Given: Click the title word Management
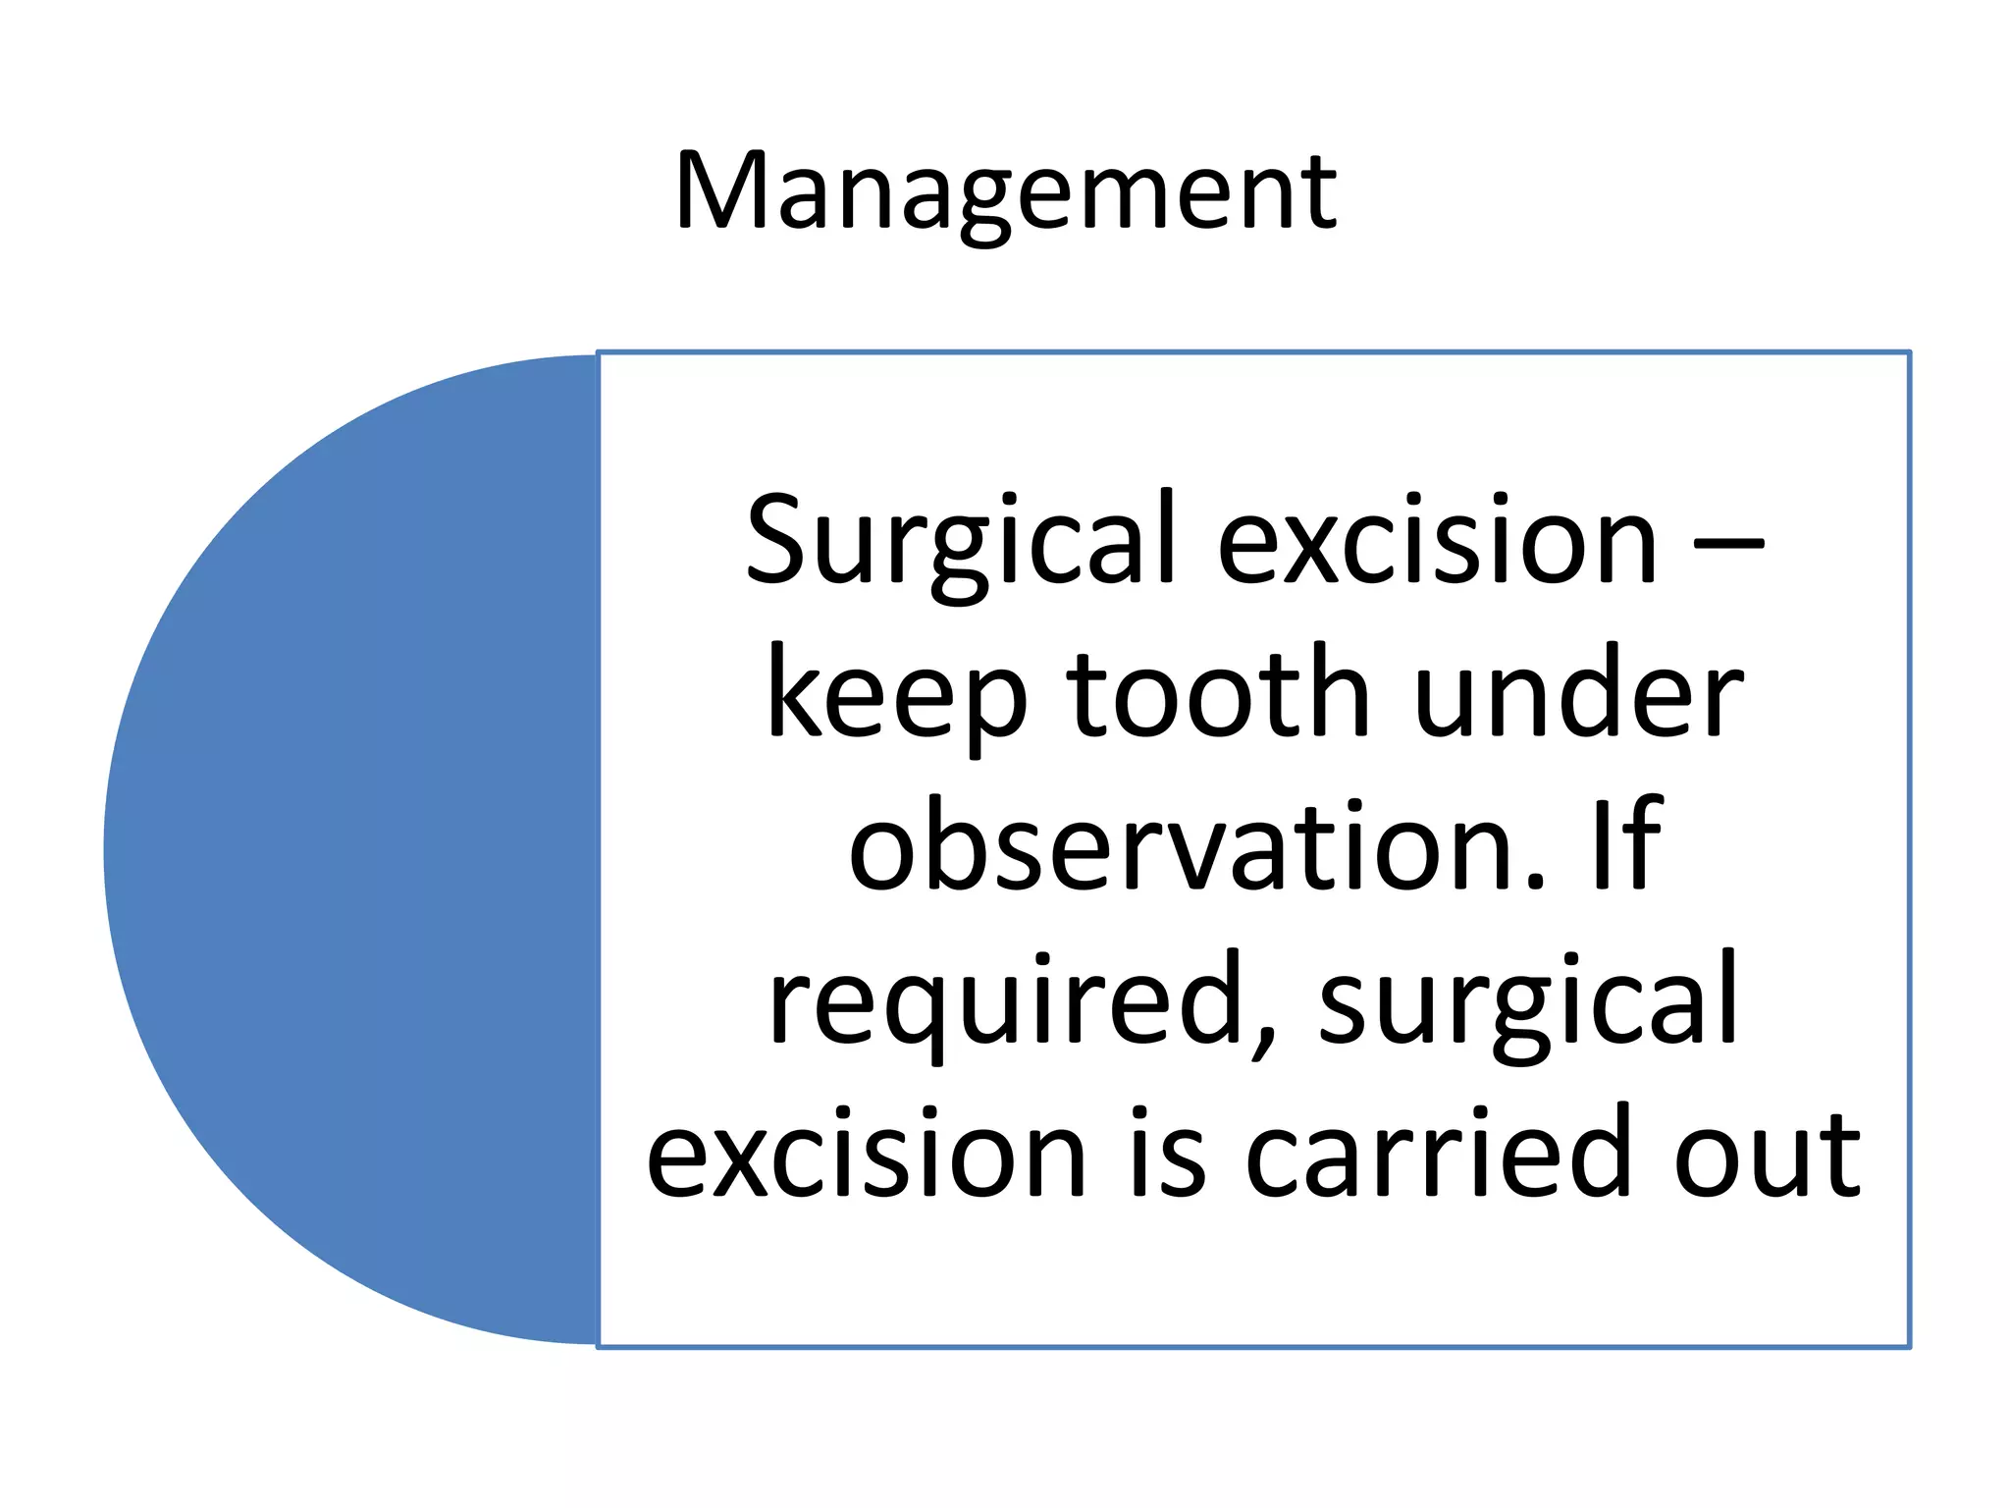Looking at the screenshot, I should click(1005, 193).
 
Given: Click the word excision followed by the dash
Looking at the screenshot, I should click(1437, 540).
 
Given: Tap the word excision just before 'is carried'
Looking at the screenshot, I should click(866, 1153).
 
